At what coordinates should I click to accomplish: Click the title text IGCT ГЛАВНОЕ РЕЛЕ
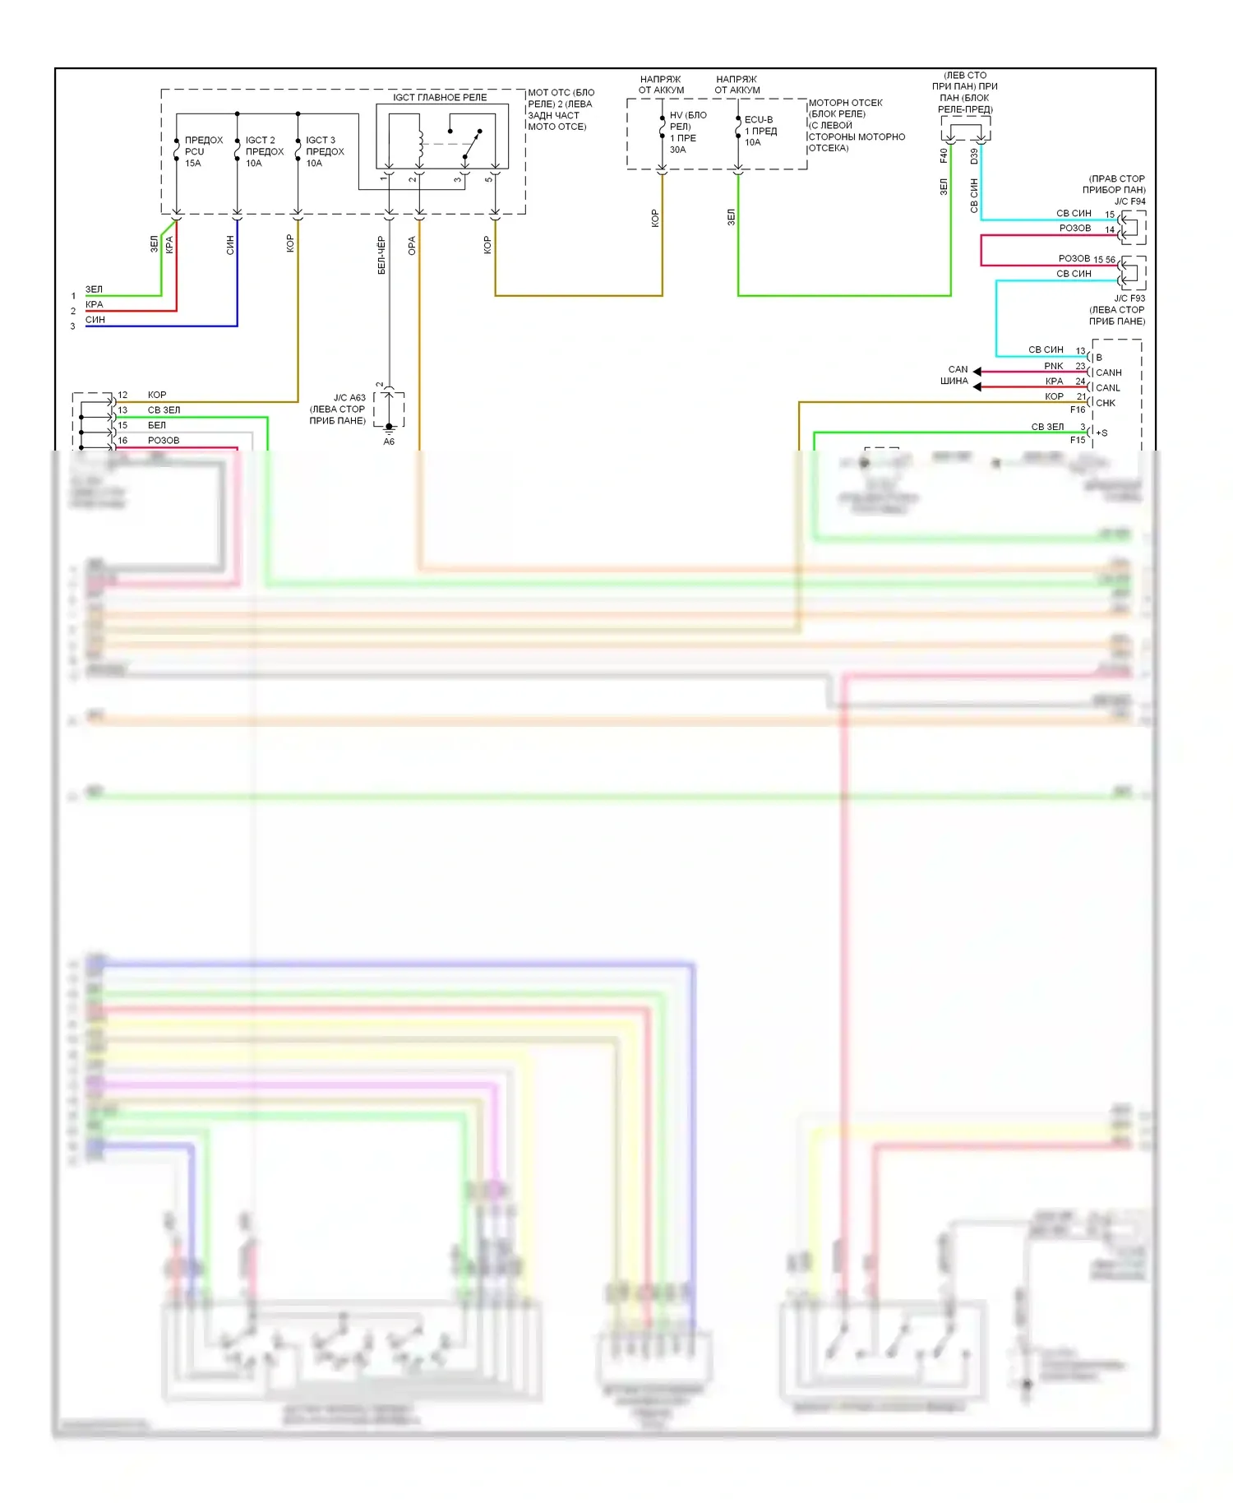(x=439, y=97)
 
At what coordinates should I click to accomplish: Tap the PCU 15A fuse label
(x=203, y=151)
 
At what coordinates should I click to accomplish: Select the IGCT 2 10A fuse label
(x=264, y=151)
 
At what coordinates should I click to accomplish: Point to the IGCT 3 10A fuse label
(x=325, y=151)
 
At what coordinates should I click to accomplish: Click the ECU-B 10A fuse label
(x=760, y=131)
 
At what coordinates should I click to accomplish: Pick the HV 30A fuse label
(x=687, y=132)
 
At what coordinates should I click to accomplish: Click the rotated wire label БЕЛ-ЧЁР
(x=381, y=255)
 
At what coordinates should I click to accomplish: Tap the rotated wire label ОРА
(x=412, y=246)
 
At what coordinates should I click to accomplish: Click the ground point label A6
(x=389, y=442)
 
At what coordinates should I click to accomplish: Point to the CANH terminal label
(x=1108, y=372)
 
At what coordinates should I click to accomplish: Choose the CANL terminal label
(x=1107, y=388)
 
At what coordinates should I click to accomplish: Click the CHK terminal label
(x=1105, y=403)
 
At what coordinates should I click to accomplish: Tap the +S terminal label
(x=1101, y=433)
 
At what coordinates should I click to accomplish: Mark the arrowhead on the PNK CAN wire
(x=977, y=372)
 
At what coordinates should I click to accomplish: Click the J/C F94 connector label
(x=1129, y=201)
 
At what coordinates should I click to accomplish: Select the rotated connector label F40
(x=944, y=155)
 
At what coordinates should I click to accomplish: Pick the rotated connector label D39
(x=974, y=155)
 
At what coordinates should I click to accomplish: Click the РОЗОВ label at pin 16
(x=163, y=441)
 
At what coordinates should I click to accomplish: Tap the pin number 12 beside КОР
(x=122, y=395)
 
